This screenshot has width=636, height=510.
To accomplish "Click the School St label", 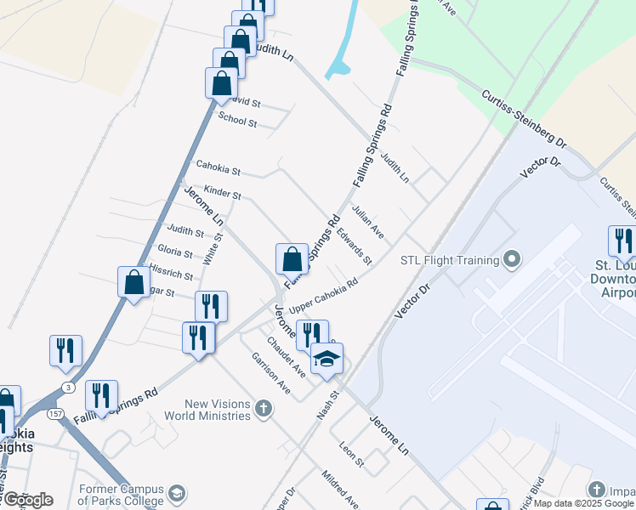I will (x=237, y=122).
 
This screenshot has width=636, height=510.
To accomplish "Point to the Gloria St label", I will (x=175, y=250).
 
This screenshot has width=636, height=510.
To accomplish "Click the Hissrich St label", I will (x=171, y=272).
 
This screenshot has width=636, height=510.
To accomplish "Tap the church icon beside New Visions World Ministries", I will (x=264, y=410).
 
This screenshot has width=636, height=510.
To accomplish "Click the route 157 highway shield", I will (x=55, y=414).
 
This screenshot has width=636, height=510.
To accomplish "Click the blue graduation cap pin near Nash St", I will (x=326, y=359).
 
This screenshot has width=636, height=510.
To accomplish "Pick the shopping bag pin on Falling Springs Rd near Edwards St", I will (x=292, y=258).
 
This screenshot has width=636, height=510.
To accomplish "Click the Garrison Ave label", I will (x=271, y=375).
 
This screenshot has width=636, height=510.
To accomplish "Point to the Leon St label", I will (x=351, y=453).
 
